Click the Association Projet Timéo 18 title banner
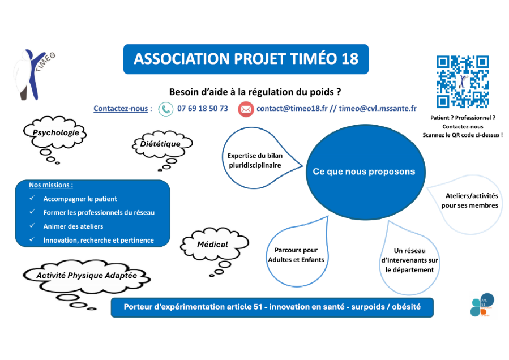246,59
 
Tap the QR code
462,82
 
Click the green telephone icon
165,109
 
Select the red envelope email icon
246,109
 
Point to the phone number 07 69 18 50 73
203,108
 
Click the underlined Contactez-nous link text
121,109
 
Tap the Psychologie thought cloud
55,133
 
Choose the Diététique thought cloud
160,144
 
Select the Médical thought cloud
212,245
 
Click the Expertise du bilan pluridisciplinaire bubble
254,160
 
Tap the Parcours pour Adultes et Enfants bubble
296,255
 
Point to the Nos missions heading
51,185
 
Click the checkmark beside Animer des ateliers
32,226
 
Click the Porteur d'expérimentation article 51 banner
272,307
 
